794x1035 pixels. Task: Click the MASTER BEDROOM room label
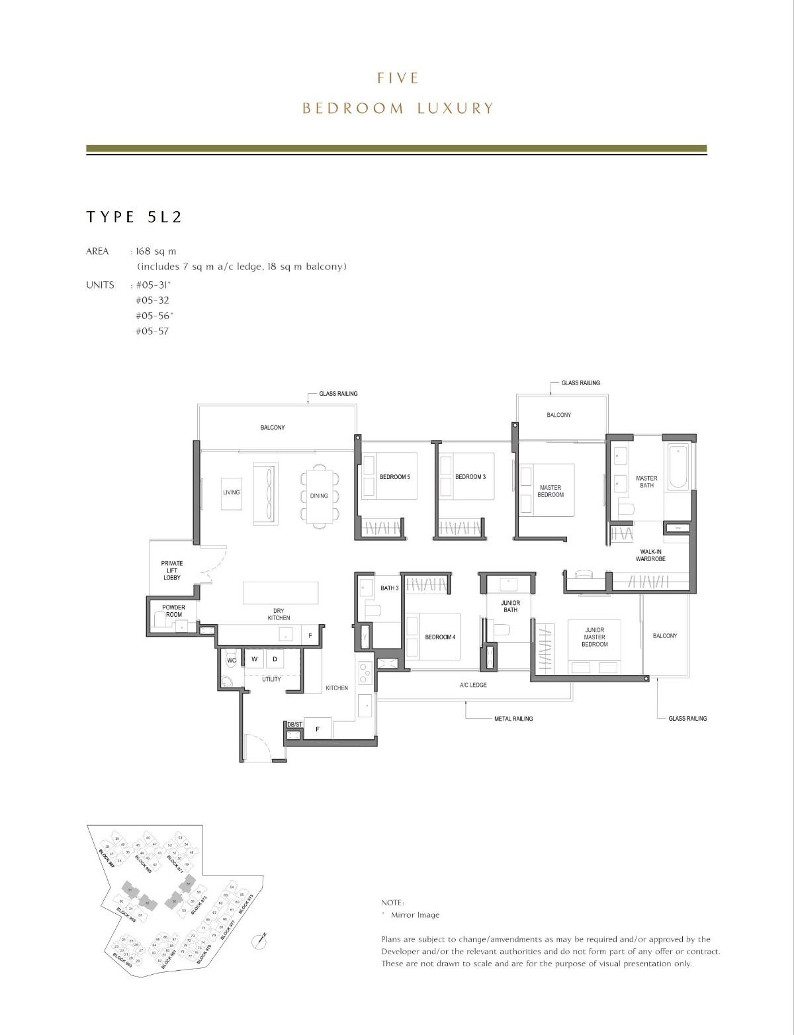550,491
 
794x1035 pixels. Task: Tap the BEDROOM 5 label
394,476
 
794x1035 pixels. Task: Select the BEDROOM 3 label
470,476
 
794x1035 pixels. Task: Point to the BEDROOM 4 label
440,637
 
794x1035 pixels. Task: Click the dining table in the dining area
319,496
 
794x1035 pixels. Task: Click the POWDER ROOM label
173,611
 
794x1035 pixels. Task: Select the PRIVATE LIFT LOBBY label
172,570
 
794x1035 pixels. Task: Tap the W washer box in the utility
254,659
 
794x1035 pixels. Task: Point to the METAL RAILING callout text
513,719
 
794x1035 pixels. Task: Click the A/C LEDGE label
473,685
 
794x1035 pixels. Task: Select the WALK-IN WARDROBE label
652,555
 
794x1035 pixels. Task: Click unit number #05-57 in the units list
152,331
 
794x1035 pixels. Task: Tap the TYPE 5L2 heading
134,217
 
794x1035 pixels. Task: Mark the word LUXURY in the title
455,108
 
